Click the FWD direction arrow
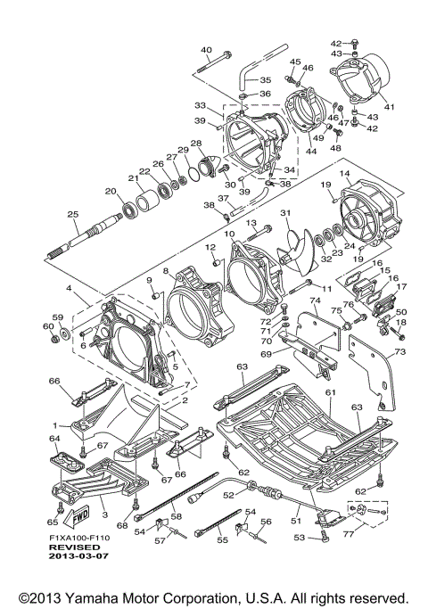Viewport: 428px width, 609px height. pyautogui.click(x=77, y=516)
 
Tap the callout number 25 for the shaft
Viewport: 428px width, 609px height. pyautogui.click(x=73, y=214)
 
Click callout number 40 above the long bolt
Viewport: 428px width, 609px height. pyautogui.click(x=207, y=50)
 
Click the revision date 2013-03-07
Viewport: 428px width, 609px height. pyautogui.click(x=78, y=556)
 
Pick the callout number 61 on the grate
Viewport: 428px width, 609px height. pyautogui.click(x=331, y=392)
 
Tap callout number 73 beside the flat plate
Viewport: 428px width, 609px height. pyautogui.click(x=400, y=351)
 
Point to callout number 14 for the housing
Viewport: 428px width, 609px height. pyautogui.click(x=345, y=174)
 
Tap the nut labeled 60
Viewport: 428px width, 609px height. pyautogui.click(x=54, y=340)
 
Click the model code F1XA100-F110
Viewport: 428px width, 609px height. pyautogui.click(x=79, y=538)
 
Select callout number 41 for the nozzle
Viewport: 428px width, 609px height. pyautogui.click(x=389, y=106)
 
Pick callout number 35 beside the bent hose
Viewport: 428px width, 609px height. pyautogui.click(x=266, y=80)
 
